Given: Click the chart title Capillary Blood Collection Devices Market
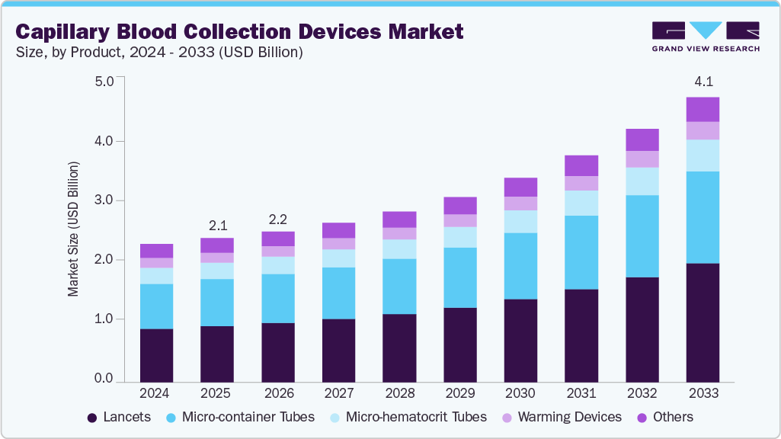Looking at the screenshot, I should [239, 31].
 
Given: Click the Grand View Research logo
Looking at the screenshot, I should [705, 37].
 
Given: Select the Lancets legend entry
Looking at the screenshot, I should [119, 417].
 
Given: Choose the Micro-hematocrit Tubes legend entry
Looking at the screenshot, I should [407, 417].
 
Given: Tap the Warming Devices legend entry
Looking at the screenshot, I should [561, 417].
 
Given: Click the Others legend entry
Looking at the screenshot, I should [664, 417].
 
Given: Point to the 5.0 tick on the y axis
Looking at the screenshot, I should [104, 82].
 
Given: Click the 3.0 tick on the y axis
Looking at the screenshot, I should [104, 200].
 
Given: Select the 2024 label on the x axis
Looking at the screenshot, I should [156, 394].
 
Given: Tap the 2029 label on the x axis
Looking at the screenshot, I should [459, 394].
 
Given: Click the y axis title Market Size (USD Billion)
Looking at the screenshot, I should [74, 229].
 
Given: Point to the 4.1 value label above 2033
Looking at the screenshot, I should [703, 82].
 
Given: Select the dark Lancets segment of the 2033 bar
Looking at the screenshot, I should [703, 322].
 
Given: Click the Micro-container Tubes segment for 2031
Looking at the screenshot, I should [581, 252].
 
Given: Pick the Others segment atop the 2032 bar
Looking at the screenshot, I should [642, 139].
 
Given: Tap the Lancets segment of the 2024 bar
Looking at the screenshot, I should [156, 354].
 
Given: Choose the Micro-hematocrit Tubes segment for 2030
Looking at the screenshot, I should [520, 221].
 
